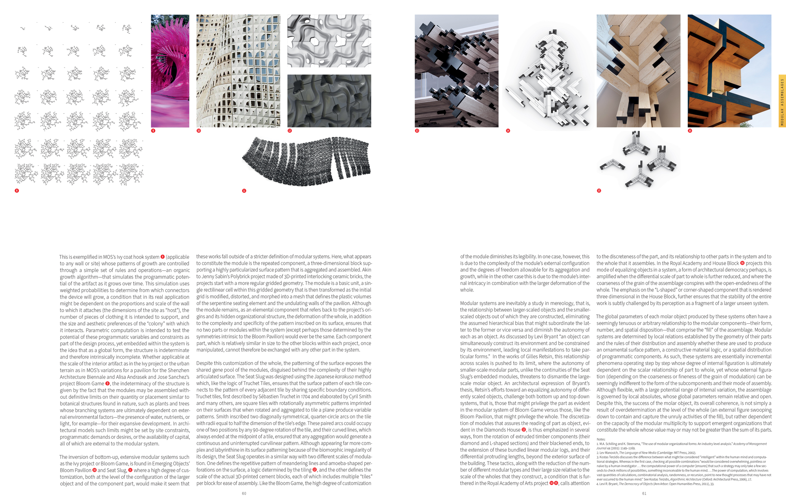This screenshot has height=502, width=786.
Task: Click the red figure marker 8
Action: (17, 191)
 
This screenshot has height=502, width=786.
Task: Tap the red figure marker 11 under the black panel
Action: (244, 191)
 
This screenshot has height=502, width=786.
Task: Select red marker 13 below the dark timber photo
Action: (417, 131)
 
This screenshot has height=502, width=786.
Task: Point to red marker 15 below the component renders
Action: (599, 191)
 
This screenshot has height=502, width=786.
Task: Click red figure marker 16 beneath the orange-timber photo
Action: (690, 131)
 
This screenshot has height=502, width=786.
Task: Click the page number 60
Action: (244, 494)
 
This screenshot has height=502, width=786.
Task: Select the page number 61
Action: (644, 494)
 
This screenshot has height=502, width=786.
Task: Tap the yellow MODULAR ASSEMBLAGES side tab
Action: (782, 101)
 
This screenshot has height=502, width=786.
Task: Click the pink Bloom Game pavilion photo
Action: (170, 71)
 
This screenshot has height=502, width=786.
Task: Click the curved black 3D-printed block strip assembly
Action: (307, 161)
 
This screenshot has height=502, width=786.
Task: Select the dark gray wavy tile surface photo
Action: (329, 101)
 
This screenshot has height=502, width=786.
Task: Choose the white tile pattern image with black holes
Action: (329, 41)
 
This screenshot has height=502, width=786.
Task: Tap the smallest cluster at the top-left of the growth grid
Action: (23, 29)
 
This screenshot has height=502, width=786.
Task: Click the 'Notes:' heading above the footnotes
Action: (601, 440)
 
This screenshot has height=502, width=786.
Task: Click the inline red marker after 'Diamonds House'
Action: (523, 430)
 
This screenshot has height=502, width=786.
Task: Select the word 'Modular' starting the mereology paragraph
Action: (469, 303)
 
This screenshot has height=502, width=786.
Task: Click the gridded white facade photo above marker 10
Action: (238, 71)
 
